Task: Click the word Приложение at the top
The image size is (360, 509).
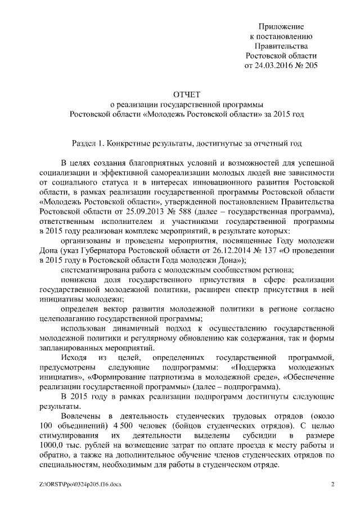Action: pyautogui.click(x=281, y=26)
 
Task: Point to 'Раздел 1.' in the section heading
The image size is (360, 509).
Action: pyautogui.click(x=88, y=143)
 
